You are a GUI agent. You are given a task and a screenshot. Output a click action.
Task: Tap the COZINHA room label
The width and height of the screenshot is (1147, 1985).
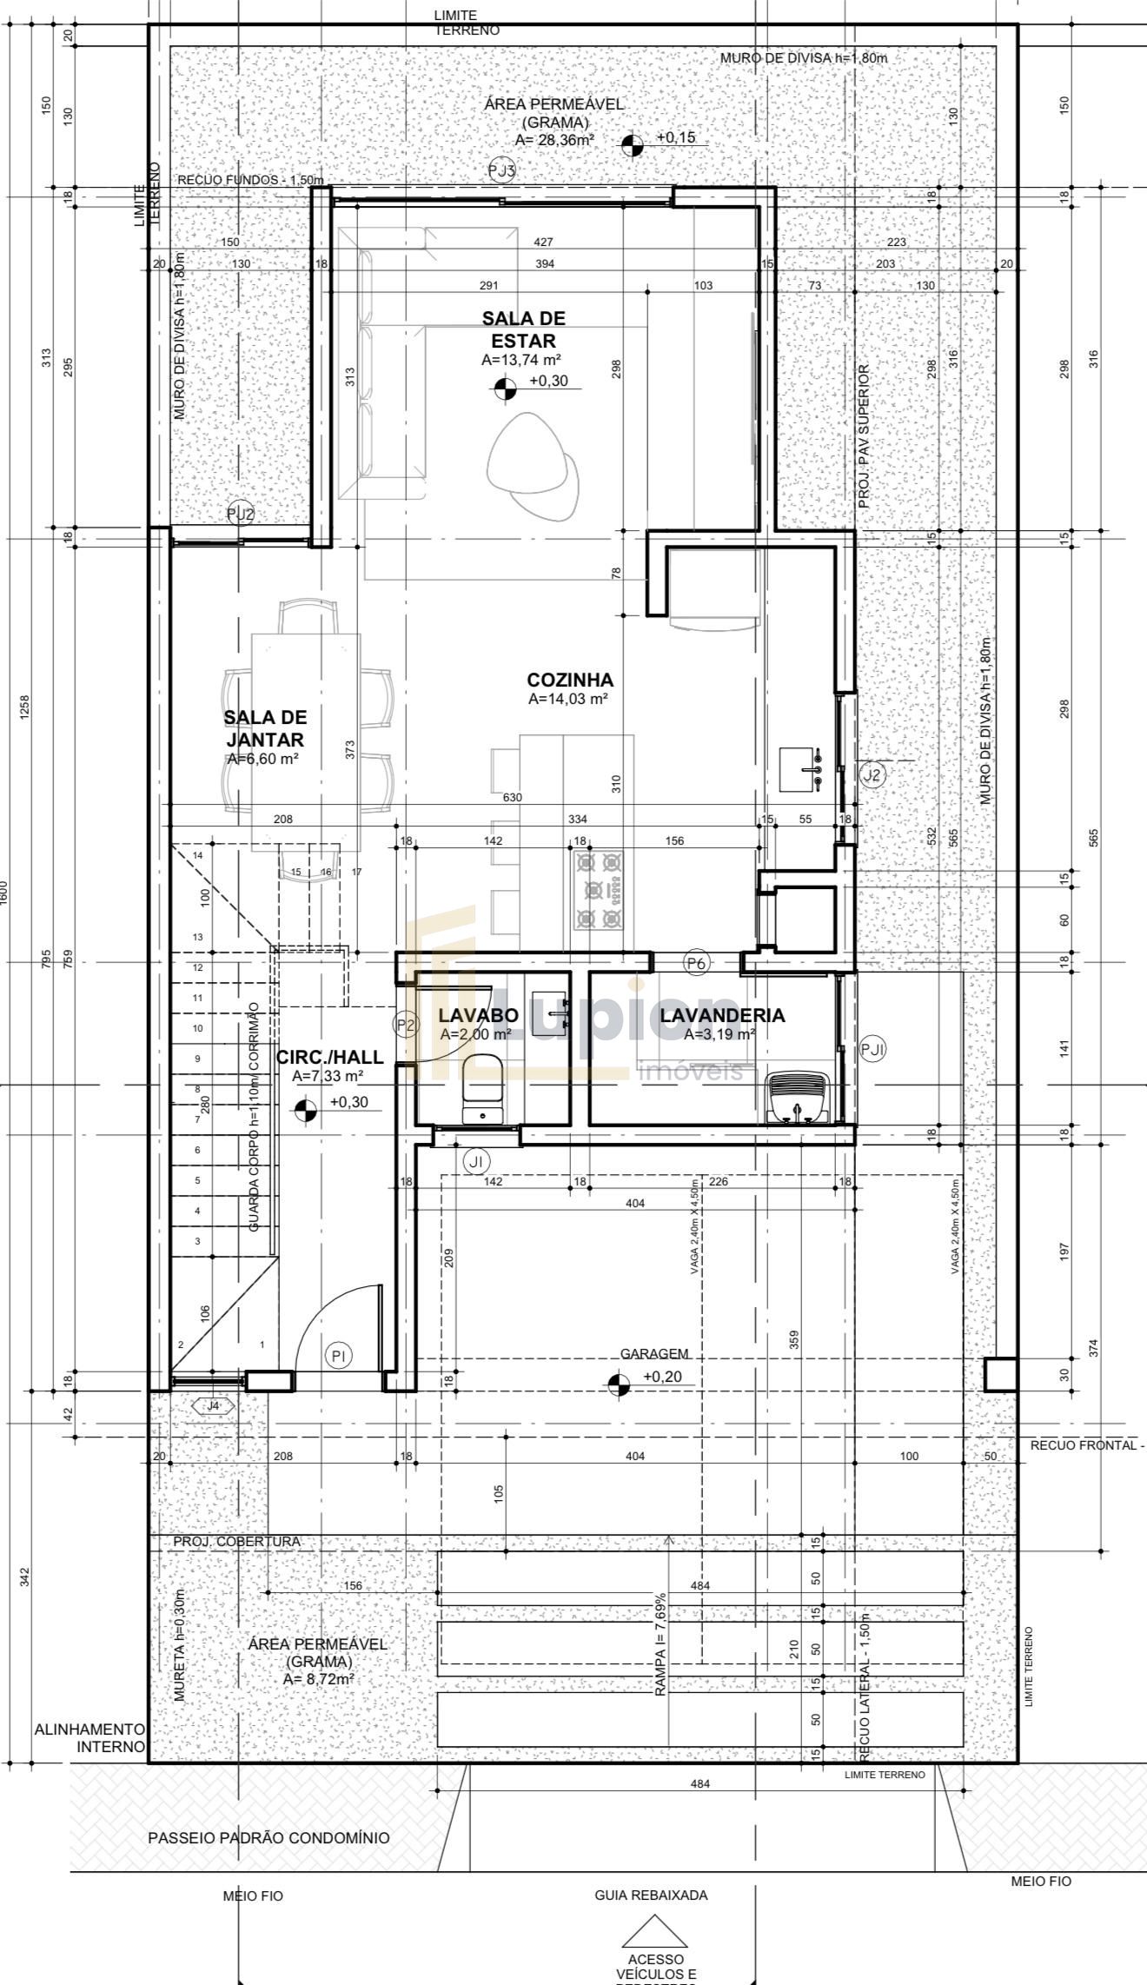[x=570, y=680]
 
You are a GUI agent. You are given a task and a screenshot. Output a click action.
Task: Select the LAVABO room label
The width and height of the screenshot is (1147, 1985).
[x=478, y=1015]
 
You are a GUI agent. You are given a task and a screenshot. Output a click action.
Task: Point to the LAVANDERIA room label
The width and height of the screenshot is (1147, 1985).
[x=722, y=1015]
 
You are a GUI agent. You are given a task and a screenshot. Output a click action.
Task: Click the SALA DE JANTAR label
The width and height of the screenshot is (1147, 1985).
[x=265, y=728]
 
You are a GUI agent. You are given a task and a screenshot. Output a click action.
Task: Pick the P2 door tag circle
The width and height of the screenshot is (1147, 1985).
[x=406, y=1025]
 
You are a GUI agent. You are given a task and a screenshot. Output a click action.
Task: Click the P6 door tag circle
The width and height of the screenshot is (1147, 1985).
[x=697, y=962]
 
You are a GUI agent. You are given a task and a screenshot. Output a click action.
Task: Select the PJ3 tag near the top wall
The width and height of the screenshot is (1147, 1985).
[x=501, y=171]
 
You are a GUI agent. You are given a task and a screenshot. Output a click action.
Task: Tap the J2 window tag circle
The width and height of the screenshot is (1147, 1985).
[x=872, y=774]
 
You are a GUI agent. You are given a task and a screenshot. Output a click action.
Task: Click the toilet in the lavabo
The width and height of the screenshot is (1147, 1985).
[x=483, y=1087]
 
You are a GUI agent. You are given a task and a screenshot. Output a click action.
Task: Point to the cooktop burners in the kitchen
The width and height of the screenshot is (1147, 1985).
[x=600, y=890]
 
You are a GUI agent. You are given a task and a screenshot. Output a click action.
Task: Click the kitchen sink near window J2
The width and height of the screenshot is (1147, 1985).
[x=801, y=768]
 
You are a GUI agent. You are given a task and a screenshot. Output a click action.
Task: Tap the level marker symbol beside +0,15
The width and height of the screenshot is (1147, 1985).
[x=633, y=145]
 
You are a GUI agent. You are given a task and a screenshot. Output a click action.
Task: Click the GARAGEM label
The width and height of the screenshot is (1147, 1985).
[x=654, y=1353]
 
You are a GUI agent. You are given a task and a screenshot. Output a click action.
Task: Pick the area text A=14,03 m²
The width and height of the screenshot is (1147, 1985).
[x=567, y=699]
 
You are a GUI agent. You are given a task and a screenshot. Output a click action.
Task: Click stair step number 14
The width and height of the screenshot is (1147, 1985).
[x=198, y=856]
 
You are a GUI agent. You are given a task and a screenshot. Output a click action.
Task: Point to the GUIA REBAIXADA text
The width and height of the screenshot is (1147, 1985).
[x=651, y=1895]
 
